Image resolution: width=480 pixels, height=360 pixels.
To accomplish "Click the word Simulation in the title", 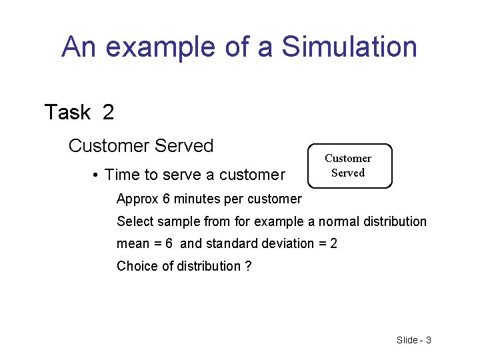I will (x=349, y=47).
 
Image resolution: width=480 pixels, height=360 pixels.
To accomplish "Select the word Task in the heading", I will (x=67, y=112).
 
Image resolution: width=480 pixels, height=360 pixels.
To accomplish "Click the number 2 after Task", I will (x=108, y=112).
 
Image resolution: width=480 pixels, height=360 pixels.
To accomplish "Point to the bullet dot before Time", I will (x=97, y=175).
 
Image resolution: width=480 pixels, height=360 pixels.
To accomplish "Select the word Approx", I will (x=137, y=199).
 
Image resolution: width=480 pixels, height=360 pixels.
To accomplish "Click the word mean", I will (x=132, y=244).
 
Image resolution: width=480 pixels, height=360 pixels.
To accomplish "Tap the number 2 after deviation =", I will (x=333, y=244).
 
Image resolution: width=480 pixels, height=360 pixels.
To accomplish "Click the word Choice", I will (x=135, y=267).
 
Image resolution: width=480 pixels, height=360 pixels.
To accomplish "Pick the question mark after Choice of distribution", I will (x=248, y=267).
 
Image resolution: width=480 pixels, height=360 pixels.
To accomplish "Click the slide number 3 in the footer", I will (x=428, y=340).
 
